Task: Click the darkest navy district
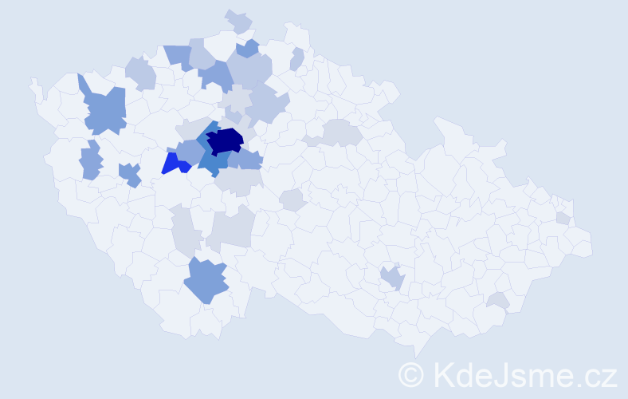[x=225, y=140]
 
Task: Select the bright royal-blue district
[x=175, y=164]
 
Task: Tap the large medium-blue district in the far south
[x=206, y=281]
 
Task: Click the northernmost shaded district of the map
[x=238, y=21]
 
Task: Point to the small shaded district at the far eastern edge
[x=563, y=218]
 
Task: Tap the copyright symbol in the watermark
[x=410, y=374]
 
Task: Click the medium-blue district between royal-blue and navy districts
[x=190, y=151]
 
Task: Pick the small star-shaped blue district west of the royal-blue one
[x=130, y=174]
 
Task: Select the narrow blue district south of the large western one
[x=91, y=160]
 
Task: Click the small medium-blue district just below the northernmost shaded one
[x=248, y=49]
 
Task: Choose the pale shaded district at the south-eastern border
[x=499, y=300]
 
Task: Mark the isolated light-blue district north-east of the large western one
[x=140, y=73]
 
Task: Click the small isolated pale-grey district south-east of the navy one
[x=292, y=199]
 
